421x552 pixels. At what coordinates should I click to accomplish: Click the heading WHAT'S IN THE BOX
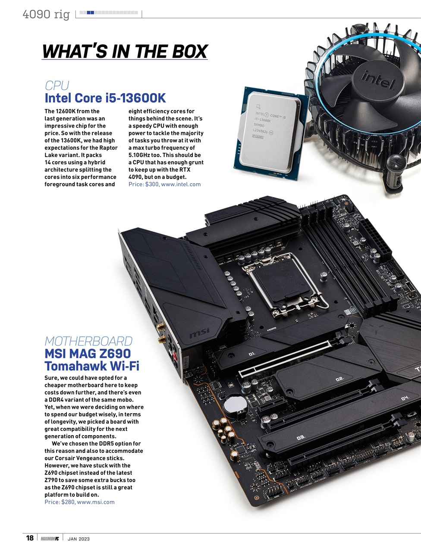point(125,52)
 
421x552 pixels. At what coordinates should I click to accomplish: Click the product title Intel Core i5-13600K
point(105,98)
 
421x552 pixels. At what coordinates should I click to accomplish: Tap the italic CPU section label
point(57,85)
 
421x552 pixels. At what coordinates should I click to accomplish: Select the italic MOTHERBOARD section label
point(88,341)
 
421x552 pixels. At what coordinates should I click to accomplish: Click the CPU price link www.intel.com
point(181,184)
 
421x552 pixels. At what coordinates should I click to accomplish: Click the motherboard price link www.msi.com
point(96,502)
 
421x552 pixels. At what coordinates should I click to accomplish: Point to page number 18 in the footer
point(30,538)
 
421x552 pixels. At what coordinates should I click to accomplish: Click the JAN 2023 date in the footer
point(79,539)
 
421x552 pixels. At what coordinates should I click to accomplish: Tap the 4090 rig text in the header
point(46,14)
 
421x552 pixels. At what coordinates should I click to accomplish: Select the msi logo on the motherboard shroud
point(199,333)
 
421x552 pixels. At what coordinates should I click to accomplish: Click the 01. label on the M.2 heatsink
point(252,354)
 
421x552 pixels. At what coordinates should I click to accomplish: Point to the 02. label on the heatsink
point(339,379)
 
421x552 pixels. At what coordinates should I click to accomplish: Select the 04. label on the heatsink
point(404,398)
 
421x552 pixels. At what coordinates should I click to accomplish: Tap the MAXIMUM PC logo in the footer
point(50,539)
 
